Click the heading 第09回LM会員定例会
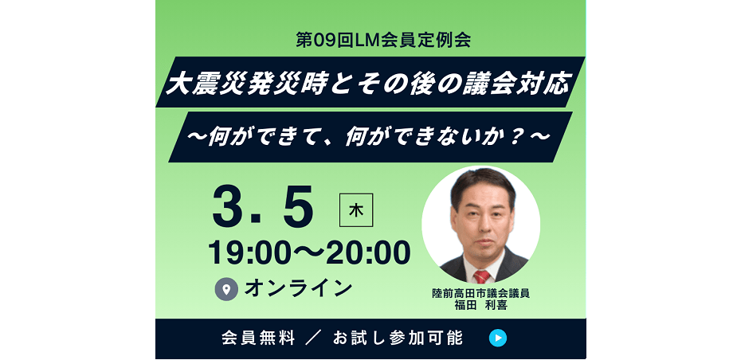click(x=383, y=40)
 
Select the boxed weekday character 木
click(x=356, y=210)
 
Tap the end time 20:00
click(x=367, y=253)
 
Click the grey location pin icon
click(x=227, y=289)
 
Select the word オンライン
click(x=298, y=288)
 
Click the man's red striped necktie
click(x=482, y=276)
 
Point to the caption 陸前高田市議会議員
click(x=480, y=295)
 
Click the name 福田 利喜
click(x=480, y=306)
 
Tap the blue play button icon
click(x=498, y=338)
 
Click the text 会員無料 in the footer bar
click(x=258, y=338)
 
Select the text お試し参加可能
click(x=398, y=338)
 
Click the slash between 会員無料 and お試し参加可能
click(x=314, y=338)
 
